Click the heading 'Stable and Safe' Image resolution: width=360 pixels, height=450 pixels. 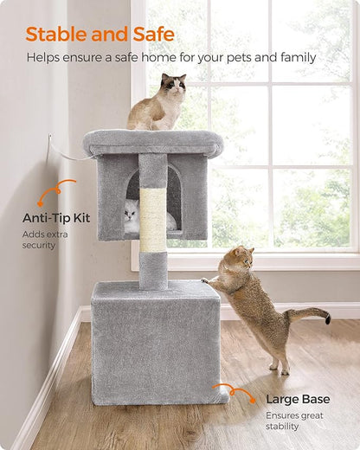coord(100,35)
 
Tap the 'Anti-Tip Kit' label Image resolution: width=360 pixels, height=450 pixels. coord(56,218)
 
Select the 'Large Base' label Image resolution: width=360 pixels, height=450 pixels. coord(297,399)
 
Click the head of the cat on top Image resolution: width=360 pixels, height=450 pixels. coord(173,86)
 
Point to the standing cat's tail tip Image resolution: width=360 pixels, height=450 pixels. coord(326,319)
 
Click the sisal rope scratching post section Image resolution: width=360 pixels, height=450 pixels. coord(153,221)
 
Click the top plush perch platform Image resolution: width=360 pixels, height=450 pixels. coord(152,141)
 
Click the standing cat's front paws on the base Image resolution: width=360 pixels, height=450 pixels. coord(208,280)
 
